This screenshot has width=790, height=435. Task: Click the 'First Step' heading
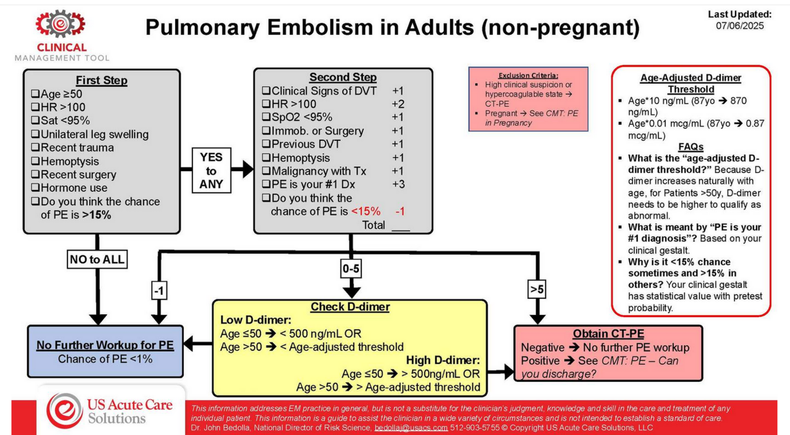pyautogui.click(x=101, y=80)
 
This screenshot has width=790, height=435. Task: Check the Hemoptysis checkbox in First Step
pyautogui.click(x=36, y=162)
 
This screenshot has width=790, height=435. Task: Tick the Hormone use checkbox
pyautogui.click(x=36, y=188)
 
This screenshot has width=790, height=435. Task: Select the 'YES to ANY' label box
pyautogui.click(x=211, y=170)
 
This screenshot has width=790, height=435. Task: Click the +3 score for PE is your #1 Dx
pyautogui.click(x=398, y=185)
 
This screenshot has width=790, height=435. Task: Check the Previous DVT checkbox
pyautogui.click(x=266, y=144)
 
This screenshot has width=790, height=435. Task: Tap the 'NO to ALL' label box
pyautogui.click(x=97, y=259)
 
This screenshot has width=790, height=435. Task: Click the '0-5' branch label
pyautogui.click(x=351, y=269)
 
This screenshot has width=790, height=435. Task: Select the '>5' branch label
pyautogui.click(x=537, y=289)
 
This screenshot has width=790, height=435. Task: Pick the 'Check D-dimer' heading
pyautogui.click(x=350, y=307)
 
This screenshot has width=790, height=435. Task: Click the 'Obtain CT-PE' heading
pyautogui.click(x=608, y=334)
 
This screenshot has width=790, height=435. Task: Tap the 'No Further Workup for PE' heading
pyautogui.click(x=105, y=345)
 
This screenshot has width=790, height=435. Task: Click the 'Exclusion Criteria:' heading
pyautogui.click(x=528, y=75)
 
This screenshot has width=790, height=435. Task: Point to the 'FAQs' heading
pyautogui.click(x=691, y=147)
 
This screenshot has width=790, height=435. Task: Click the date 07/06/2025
pyautogui.click(x=740, y=26)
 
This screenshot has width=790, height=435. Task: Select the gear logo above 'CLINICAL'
pyautogui.click(x=60, y=24)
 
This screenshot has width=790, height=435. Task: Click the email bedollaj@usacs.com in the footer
pyautogui.click(x=411, y=427)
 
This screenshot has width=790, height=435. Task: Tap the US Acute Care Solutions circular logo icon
pyautogui.click(x=65, y=410)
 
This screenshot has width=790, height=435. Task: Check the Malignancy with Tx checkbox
pyautogui.click(x=266, y=172)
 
